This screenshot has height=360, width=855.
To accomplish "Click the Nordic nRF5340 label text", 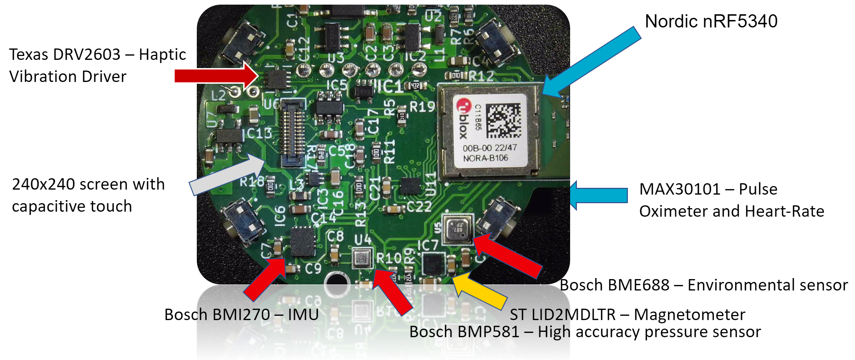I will [711, 21].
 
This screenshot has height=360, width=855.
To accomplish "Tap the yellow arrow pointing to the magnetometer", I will [480, 290].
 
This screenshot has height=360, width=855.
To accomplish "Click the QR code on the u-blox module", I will [503, 120].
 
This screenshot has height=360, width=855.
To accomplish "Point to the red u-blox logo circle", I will [464, 106].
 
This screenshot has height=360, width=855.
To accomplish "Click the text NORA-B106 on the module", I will [485, 158].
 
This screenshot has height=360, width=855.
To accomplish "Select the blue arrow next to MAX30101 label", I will [599, 195].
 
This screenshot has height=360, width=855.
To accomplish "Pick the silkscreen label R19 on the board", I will [422, 106].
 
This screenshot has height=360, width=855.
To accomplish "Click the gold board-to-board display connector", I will [292, 132].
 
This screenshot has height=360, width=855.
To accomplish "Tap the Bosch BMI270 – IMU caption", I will [241, 314].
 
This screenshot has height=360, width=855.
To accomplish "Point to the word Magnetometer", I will [690, 314].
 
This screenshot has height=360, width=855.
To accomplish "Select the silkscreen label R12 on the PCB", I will [481, 76].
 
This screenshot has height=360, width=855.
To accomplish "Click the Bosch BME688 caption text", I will [703, 285].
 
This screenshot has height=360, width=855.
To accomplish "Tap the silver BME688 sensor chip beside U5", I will [457, 228].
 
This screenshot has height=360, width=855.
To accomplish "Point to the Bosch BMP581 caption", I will [585, 332].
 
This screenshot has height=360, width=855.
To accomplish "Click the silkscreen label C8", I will [335, 236].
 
